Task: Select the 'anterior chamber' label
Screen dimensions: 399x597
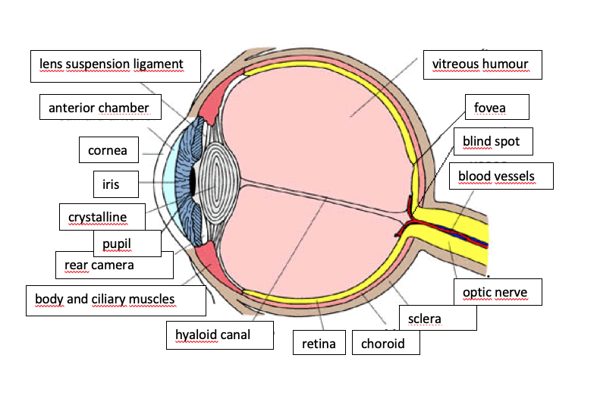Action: click(x=99, y=108)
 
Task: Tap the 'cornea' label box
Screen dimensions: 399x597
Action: click(x=108, y=150)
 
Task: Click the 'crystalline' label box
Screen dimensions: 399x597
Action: click(x=97, y=218)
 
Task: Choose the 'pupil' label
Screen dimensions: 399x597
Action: click(x=127, y=243)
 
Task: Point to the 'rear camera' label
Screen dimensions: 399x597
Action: click(x=99, y=265)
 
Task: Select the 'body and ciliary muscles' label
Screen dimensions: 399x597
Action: click(x=115, y=300)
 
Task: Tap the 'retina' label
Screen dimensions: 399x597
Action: click(x=319, y=343)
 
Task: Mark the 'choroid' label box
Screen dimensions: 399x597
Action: click(x=385, y=343)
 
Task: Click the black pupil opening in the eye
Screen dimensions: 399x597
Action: click(x=193, y=181)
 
